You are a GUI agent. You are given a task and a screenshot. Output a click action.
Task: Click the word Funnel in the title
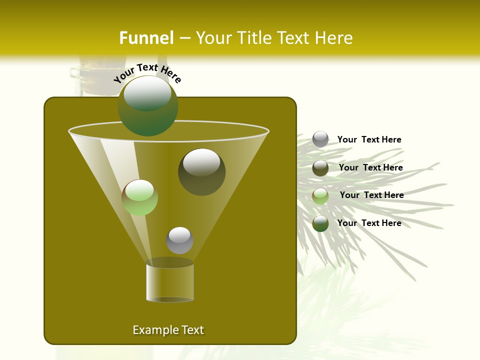(146, 38)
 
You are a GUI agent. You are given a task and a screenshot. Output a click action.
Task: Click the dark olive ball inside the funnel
(202, 172)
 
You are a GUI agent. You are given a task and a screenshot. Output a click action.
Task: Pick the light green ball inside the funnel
(140, 197)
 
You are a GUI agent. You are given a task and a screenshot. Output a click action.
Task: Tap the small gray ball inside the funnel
(179, 240)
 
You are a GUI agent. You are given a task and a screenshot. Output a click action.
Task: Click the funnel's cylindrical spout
(170, 282)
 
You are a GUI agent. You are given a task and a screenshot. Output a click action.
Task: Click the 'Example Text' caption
(168, 330)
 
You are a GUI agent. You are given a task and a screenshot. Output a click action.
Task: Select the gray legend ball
(320, 139)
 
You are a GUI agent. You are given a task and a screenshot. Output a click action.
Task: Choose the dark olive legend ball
(320, 168)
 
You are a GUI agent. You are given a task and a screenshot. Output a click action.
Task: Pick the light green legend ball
(320, 196)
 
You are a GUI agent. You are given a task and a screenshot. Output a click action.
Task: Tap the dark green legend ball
(320, 223)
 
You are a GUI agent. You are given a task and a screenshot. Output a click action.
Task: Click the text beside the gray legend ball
(369, 140)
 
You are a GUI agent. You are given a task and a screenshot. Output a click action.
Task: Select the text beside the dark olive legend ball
(371, 168)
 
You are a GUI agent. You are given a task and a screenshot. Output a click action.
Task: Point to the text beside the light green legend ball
(372, 195)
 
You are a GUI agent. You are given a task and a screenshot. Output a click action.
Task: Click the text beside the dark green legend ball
(369, 223)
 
